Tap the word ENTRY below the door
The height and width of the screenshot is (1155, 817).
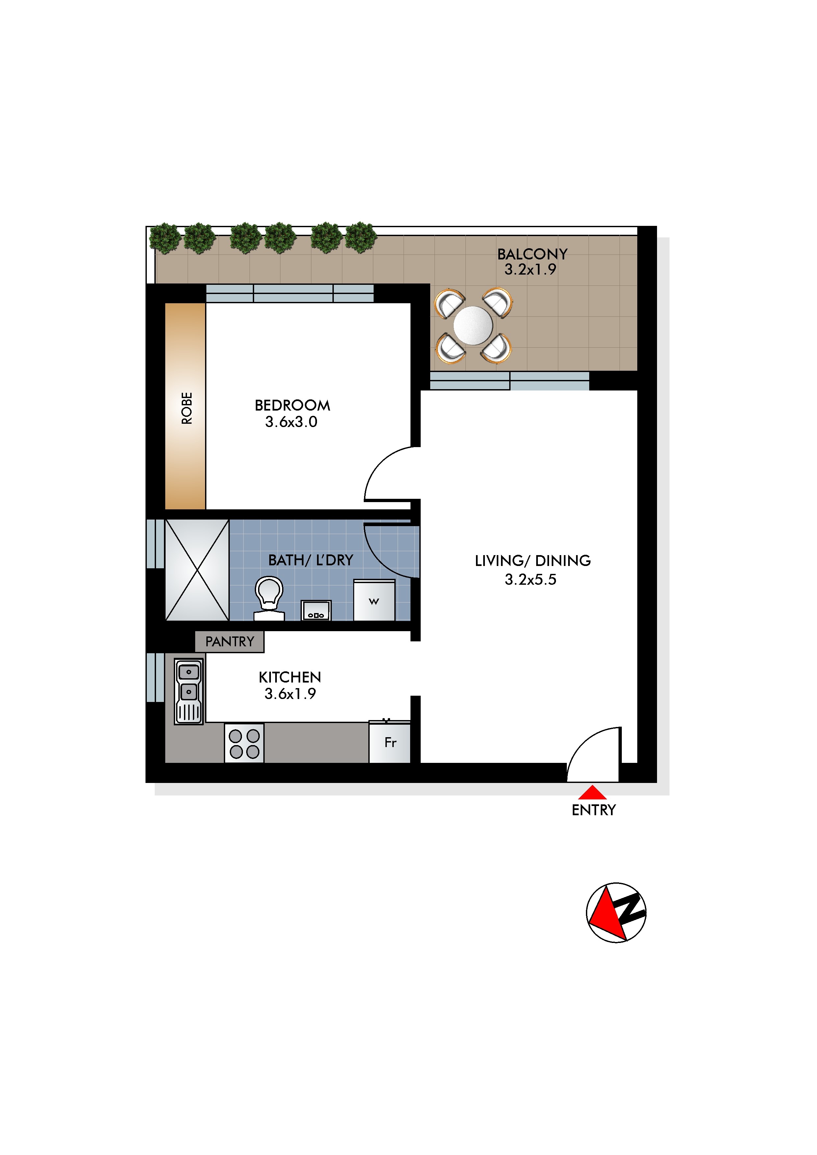(x=593, y=810)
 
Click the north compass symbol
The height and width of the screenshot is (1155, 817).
(x=616, y=913)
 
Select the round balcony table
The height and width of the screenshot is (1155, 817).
(x=473, y=326)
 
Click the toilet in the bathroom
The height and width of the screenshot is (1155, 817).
(x=269, y=599)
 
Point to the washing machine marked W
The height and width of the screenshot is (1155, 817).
(x=374, y=600)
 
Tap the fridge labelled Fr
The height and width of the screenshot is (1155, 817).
(x=390, y=742)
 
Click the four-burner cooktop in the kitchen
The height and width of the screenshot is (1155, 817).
(x=244, y=743)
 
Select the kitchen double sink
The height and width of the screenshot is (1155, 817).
(x=189, y=691)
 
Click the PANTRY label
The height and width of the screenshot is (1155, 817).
(x=230, y=641)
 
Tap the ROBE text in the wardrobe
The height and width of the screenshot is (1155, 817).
(x=187, y=408)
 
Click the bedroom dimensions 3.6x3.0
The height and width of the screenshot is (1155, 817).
(x=291, y=421)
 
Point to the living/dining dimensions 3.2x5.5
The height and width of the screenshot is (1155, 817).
(x=531, y=579)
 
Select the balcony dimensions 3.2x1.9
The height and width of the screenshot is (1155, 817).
(x=530, y=270)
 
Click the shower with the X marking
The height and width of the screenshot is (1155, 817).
(x=197, y=570)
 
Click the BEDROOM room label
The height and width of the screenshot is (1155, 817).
(x=292, y=405)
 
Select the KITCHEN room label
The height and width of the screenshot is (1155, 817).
(x=290, y=677)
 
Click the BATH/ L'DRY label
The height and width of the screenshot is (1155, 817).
(x=310, y=560)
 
